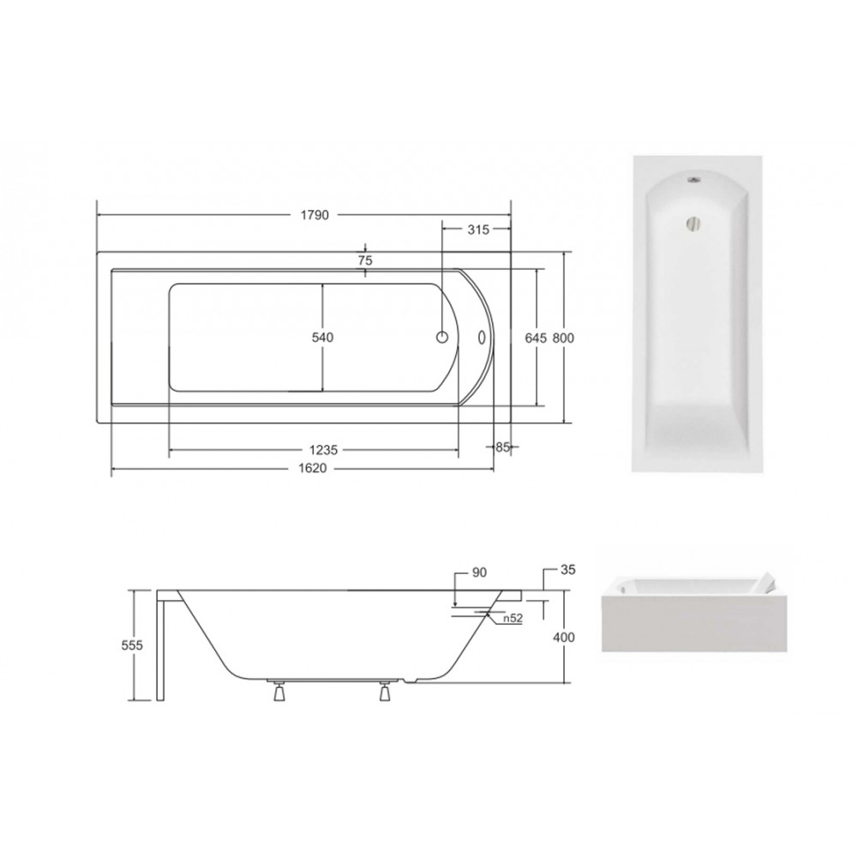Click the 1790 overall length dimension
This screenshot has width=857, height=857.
[x=315, y=215]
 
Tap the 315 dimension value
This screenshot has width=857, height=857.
[x=478, y=230]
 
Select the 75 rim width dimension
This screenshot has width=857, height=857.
[x=365, y=261]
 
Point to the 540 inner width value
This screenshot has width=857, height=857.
[x=322, y=338]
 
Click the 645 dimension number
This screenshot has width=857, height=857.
[x=536, y=339]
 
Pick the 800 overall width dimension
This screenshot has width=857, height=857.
[x=563, y=339]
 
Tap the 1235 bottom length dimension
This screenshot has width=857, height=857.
[x=324, y=450]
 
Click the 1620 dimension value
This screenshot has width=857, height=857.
[x=313, y=469]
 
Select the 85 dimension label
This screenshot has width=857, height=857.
[x=502, y=447]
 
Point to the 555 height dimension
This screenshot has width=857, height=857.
[x=132, y=645]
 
